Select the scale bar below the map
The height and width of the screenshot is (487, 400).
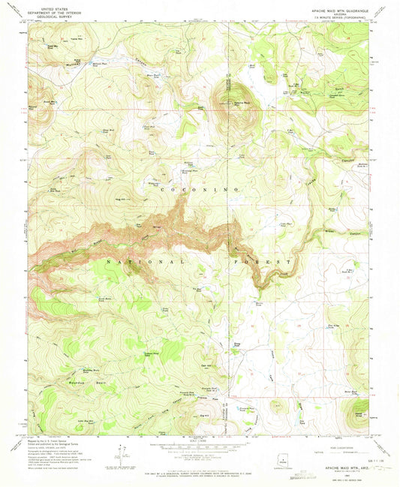coord(198,447)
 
